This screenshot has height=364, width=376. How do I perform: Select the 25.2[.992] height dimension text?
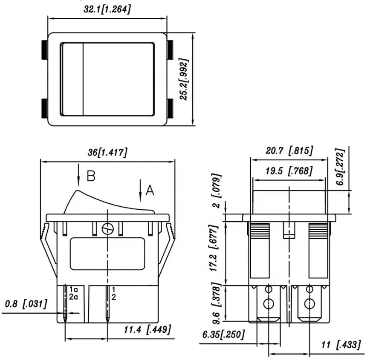click(x=184, y=79)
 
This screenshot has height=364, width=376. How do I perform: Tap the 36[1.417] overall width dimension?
click(x=107, y=153)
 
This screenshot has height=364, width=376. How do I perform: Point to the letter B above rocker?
click(x=91, y=176)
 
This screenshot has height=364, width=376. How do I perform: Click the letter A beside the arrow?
click(x=150, y=190)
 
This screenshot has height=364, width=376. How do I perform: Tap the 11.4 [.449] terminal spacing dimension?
click(x=147, y=329)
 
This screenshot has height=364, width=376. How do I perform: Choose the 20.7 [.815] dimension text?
click(x=289, y=150)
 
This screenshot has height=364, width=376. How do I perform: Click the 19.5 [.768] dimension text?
click(x=289, y=171)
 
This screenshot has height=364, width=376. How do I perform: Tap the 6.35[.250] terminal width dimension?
click(x=223, y=335)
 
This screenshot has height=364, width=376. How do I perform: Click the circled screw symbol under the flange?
click(x=107, y=229)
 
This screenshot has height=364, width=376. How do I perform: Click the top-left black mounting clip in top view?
click(x=44, y=50)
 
